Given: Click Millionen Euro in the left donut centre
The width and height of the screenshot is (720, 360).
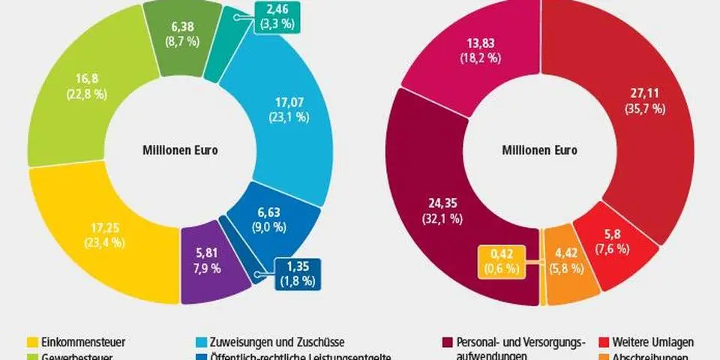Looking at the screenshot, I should coord(180,149).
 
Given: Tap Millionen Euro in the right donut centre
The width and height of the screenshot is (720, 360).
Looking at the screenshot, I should coord(539,149).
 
